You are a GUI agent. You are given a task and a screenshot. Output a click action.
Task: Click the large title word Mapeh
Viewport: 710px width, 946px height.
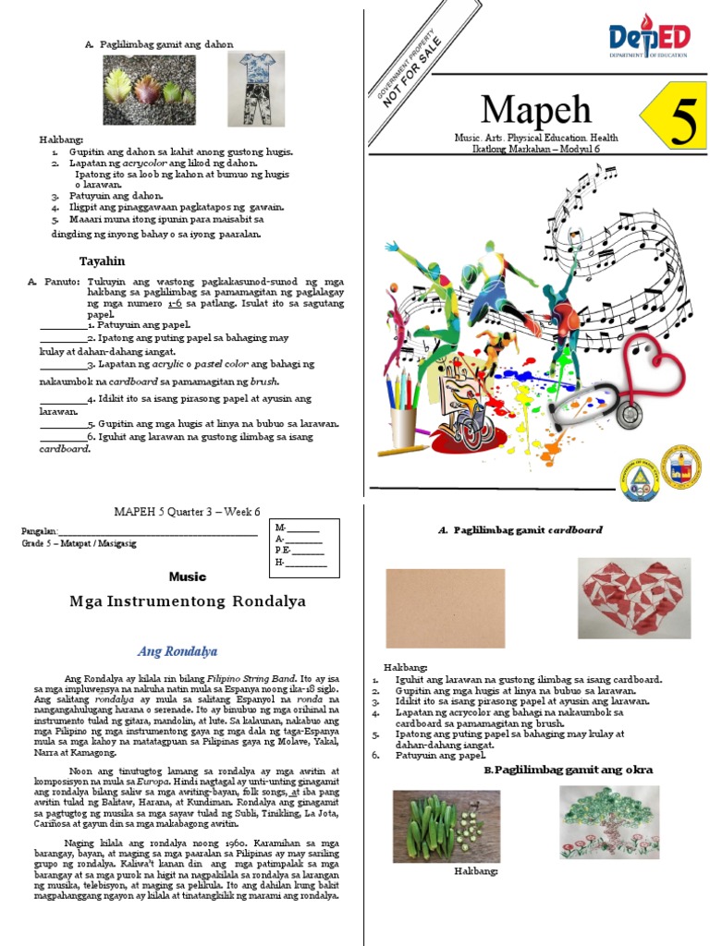pyautogui.click(x=536, y=110)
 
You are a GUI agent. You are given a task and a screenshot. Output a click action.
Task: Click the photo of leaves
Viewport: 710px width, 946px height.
pyautogui.click(x=148, y=83)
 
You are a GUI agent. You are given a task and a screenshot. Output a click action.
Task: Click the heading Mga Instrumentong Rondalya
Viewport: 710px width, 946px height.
pyautogui.click(x=188, y=601)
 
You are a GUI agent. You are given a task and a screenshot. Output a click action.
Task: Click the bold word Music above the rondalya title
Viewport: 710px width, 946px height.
pyautogui.click(x=188, y=576)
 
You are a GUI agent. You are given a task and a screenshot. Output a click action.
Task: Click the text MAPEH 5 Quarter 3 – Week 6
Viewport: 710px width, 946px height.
pyautogui.click(x=188, y=511)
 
